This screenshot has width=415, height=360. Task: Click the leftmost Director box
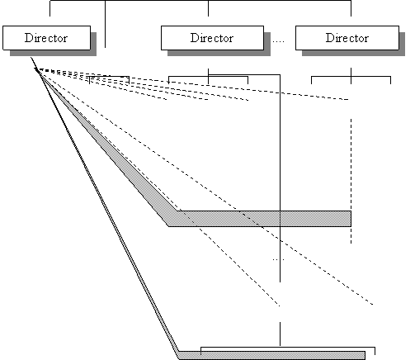pyautogui.click(x=47, y=38)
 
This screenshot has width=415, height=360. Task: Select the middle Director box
pyautogui.click(x=212, y=38)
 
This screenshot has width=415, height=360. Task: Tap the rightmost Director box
pyautogui.click(x=347, y=38)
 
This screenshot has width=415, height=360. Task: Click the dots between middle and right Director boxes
pyautogui.click(x=278, y=41)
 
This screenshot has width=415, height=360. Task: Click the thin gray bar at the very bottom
pyautogui.click(x=272, y=355)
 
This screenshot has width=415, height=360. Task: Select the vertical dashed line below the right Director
pyautogui.click(x=351, y=181)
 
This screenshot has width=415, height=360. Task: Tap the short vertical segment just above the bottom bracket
pyautogui.click(x=280, y=334)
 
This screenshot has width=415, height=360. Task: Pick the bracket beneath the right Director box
pyautogui.click(x=351, y=76)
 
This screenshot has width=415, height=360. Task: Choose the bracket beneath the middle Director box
pyautogui.click(x=208, y=76)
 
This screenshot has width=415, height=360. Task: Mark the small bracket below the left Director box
pyautogui.click(x=109, y=77)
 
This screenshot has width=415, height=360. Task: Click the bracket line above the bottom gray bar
pyautogui.click(x=288, y=347)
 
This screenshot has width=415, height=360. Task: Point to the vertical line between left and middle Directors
pyautogui.click(x=105, y=24)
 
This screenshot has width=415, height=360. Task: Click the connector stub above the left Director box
pyautogui.click(x=50, y=8)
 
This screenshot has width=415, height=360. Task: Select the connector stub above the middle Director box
pyautogui.click(x=208, y=8)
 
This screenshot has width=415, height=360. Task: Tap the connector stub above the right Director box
pyautogui.click(x=351, y=8)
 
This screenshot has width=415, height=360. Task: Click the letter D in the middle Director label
pyautogui.click(x=194, y=38)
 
